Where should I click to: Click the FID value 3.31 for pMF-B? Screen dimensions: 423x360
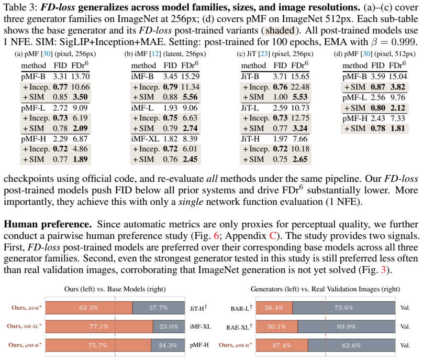(x=60, y=77)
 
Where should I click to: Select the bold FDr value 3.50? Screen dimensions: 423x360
(x=80, y=97)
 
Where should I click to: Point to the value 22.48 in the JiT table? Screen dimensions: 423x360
(x=300, y=87)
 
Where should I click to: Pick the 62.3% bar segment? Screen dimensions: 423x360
(x=89, y=308)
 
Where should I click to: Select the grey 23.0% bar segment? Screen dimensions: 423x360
(x=169, y=326)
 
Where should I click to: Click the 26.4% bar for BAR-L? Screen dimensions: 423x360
(x=274, y=308)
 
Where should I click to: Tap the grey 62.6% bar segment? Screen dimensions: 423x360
(x=351, y=345)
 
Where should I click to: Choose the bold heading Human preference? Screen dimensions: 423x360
(x=48, y=224)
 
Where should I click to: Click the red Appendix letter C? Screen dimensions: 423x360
(x=273, y=236)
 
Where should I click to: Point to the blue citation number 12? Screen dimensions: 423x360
(x=155, y=54)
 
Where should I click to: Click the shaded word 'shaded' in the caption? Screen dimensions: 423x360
(x=280, y=30)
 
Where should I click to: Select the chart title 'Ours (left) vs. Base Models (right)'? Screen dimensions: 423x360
(x=115, y=289)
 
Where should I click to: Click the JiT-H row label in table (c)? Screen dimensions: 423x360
(x=250, y=139)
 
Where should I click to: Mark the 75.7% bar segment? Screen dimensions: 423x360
(x=98, y=345)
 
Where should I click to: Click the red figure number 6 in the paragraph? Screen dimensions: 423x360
(x=216, y=236)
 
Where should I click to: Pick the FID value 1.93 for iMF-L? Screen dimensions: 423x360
(x=170, y=108)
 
